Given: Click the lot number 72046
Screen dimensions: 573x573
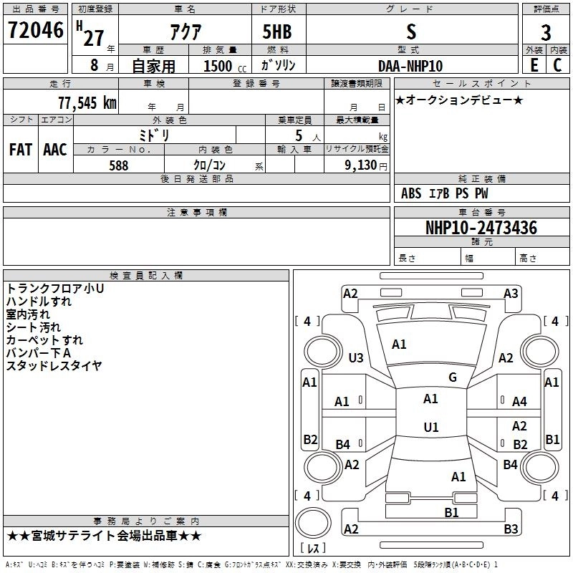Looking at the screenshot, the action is tap(35, 30).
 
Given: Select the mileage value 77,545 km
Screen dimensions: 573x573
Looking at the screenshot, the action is tap(87, 103).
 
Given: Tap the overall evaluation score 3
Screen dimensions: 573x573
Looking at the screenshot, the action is tap(546, 33).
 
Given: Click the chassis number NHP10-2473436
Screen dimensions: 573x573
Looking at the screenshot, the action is tap(481, 228).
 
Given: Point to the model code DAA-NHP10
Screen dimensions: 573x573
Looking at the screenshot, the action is tap(410, 66).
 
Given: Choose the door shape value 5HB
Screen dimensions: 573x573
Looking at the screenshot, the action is tap(277, 32).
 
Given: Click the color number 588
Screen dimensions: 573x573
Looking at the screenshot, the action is tap(119, 165).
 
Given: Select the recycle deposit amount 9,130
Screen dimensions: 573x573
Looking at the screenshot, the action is tap(361, 165).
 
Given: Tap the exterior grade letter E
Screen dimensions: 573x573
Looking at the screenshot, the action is tap(534, 65).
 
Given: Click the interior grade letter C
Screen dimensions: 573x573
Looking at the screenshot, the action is tap(557, 65).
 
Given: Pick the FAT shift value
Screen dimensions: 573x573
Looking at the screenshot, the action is tap(21, 150).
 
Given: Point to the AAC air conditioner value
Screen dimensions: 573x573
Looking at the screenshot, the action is tap(55, 150).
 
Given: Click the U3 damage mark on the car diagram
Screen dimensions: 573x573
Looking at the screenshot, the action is tap(356, 357).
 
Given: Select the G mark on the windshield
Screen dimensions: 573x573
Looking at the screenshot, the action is tap(453, 377).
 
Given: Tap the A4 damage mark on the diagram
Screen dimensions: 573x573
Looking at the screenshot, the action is tap(519, 402).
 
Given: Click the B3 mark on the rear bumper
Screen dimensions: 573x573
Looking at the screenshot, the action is tap(511, 529).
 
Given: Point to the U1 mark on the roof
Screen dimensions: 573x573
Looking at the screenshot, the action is tap(431, 427).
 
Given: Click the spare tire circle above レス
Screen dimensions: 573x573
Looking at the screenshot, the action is tap(313, 523).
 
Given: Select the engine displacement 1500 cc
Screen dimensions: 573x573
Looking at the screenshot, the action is tap(225, 66).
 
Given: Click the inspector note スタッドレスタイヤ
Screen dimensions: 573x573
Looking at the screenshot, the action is tap(54, 366).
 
